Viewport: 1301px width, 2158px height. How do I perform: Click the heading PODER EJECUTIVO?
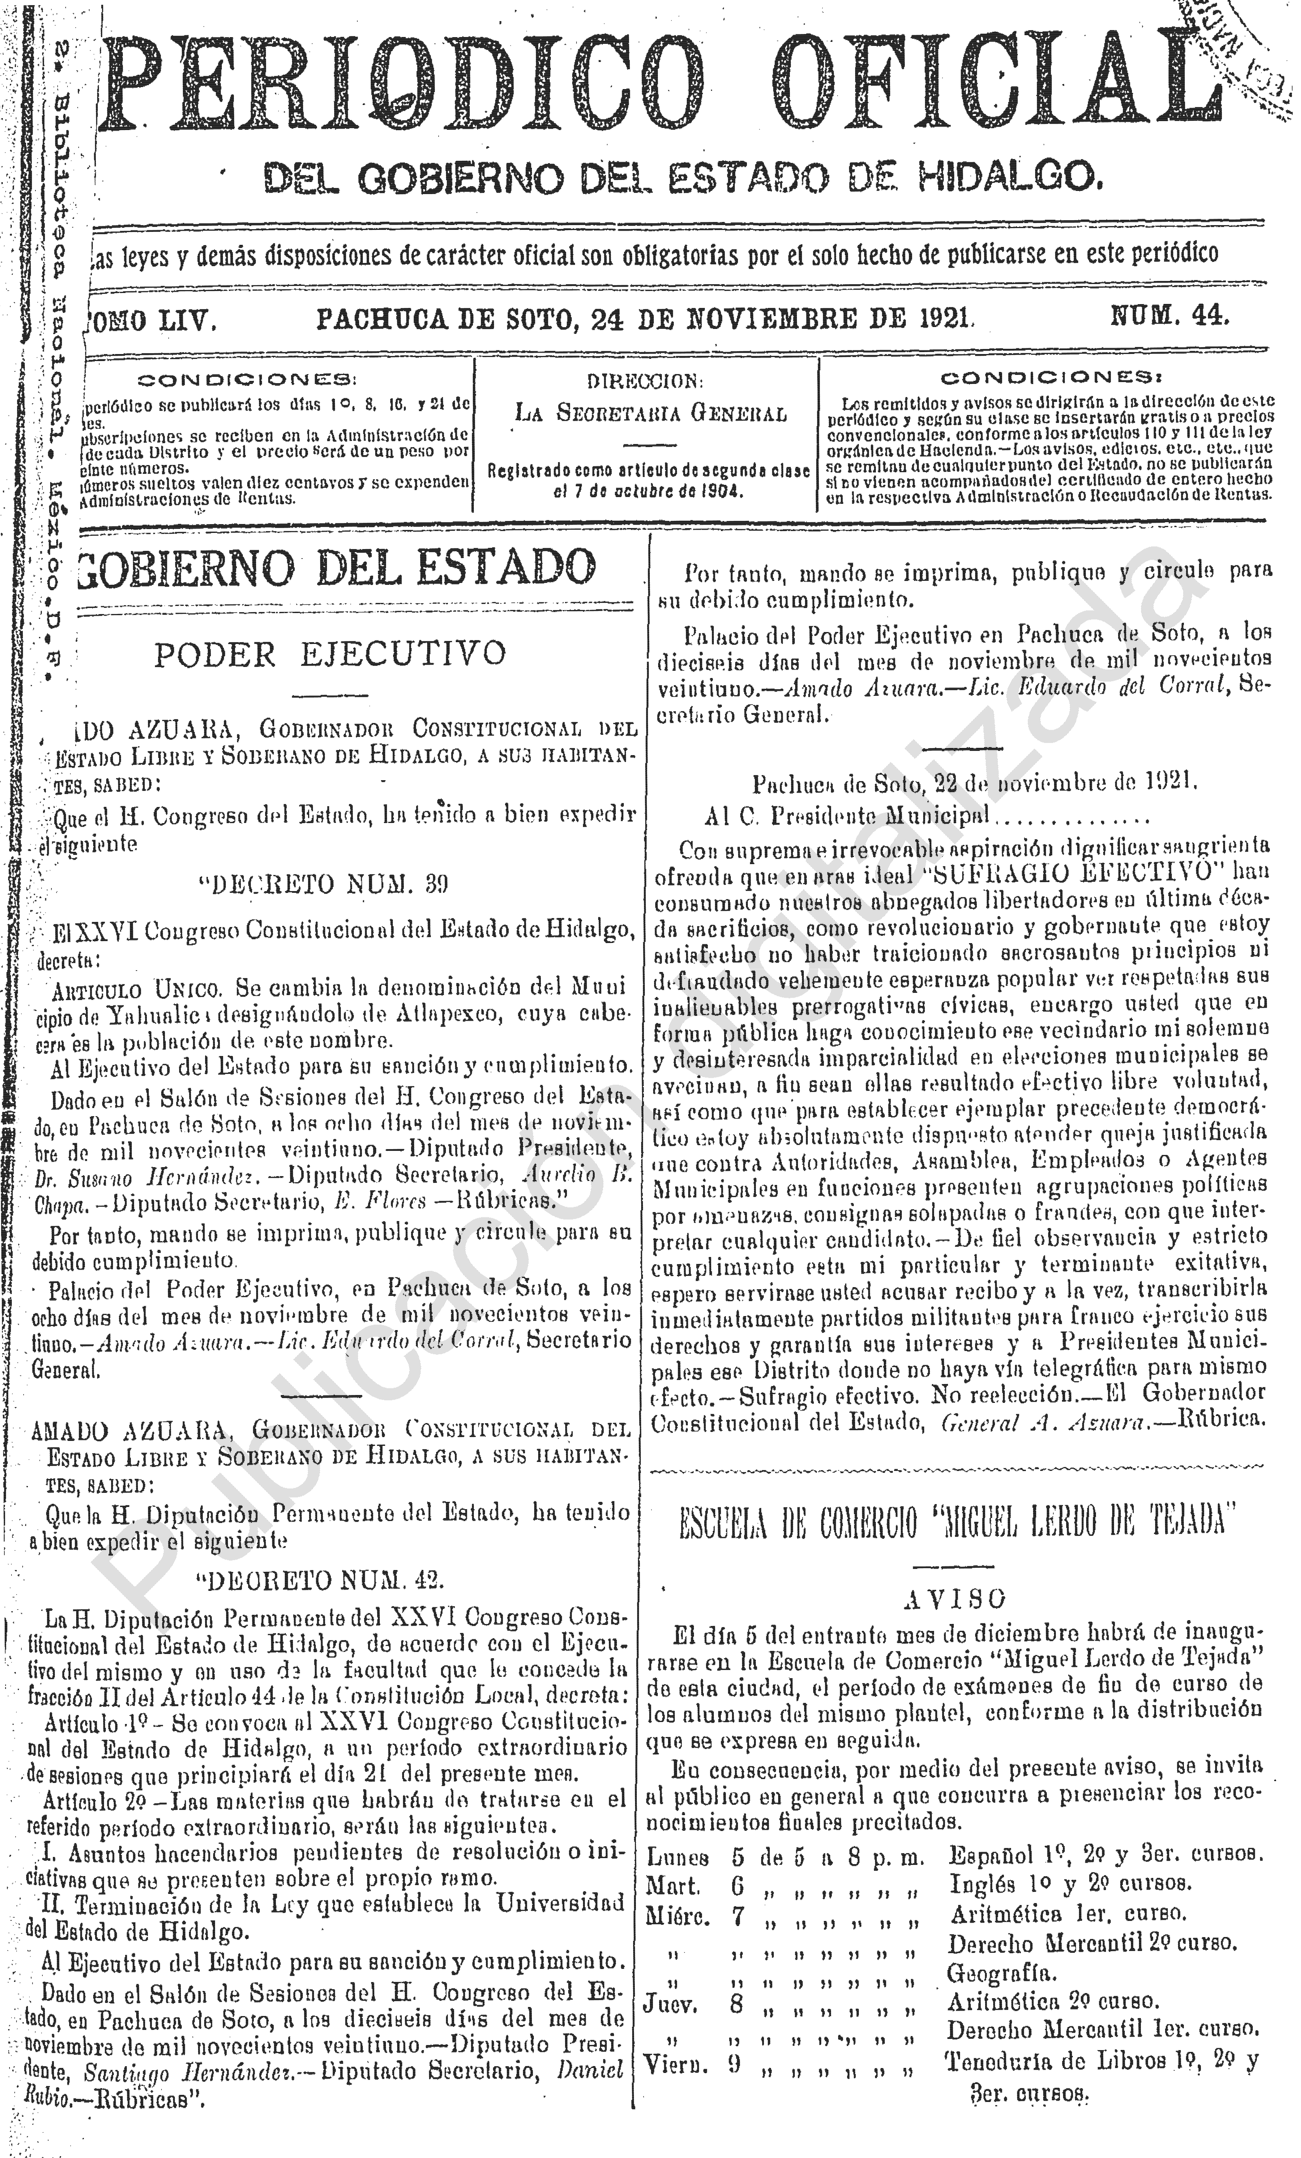coord(331,653)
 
